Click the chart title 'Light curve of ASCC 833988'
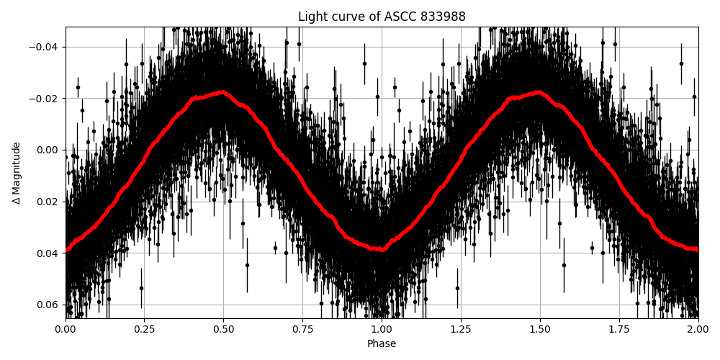[x=382, y=17]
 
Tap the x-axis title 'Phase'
[x=382, y=344]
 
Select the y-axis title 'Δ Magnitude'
[x=17, y=173]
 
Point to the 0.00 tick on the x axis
[x=66, y=330]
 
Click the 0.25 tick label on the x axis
[x=145, y=330]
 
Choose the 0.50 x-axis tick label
[x=224, y=330]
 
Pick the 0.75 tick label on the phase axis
[x=302, y=330]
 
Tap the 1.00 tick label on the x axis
[x=382, y=330]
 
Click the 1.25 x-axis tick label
[x=461, y=330]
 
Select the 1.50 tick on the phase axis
[x=540, y=330]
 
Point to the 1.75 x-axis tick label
[x=619, y=330]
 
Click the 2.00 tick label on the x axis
[x=698, y=330]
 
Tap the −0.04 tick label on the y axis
[x=45, y=47]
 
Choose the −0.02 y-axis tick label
[x=45, y=99]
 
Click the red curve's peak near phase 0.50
[x=222, y=92]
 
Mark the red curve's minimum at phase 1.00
[x=382, y=249]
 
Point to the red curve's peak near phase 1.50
[x=539, y=92]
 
